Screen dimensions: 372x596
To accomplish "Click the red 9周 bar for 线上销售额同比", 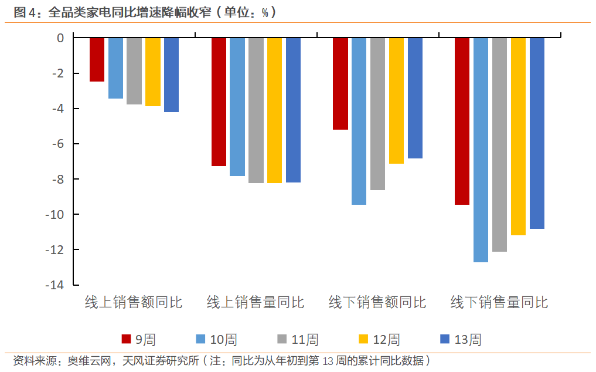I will pyautogui.click(x=97, y=59).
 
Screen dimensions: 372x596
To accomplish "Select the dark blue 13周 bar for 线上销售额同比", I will pyautogui.click(x=171, y=75).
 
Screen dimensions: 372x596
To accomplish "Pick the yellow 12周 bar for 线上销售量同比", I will pyautogui.click(x=274, y=110).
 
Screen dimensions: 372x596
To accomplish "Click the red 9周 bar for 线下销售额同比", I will pyautogui.click(x=340, y=83).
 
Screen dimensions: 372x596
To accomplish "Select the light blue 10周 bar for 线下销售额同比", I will pyautogui.click(x=359, y=121).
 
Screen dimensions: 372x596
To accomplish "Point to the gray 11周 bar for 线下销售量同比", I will pyautogui.click(x=499, y=144).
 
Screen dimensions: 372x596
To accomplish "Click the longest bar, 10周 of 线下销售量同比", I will pyautogui.click(x=481, y=150).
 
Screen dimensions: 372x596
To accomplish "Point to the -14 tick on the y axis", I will pyautogui.click(x=56, y=285).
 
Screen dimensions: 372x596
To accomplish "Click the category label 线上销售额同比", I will pyautogui.click(x=134, y=303).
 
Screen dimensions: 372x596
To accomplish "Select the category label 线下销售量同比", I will pyautogui.click(x=499, y=303).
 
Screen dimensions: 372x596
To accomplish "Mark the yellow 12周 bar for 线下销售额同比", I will pyautogui.click(x=396, y=100).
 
